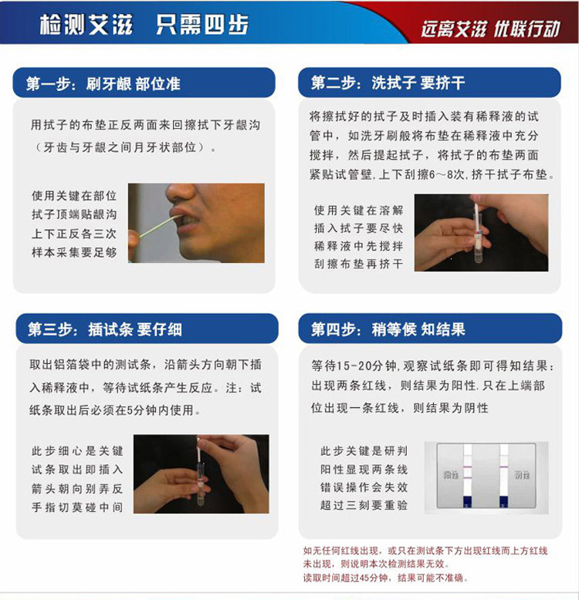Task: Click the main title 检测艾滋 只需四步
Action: [x=144, y=25]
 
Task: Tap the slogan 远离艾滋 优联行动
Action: [x=490, y=29]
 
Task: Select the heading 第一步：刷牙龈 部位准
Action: [x=103, y=83]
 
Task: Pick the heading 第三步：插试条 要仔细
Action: [x=105, y=329]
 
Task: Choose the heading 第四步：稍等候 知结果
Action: [x=388, y=330]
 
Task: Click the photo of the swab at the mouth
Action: [x=196, y=223]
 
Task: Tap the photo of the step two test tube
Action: [x=481, y=232]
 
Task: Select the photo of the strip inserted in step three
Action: [x=201, y=474]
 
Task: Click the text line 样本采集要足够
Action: [x=74, y=252]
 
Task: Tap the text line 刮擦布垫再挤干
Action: [x=358, y=264]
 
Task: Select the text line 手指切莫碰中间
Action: [x=76, y=507]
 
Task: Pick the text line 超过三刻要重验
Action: [x=364, y=506]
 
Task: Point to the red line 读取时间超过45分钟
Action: [x=385, y=578]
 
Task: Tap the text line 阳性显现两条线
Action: [x=364, y=469]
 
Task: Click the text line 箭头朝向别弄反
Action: [x=76, y=488]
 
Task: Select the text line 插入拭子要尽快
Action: [x=358, y=228]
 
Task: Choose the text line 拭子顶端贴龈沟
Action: [x=74, y=215]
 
